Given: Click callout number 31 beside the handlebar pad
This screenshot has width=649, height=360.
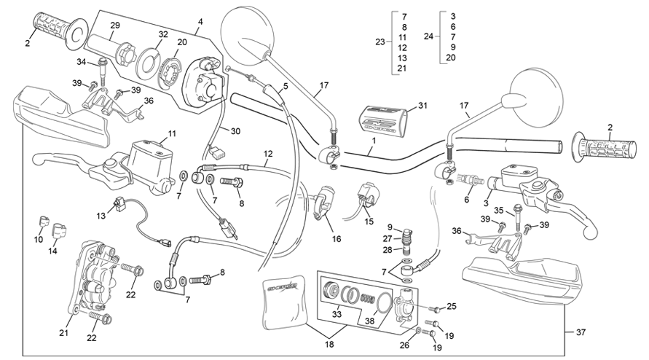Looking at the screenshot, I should coord(422,106).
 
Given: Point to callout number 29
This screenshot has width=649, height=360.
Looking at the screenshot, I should coord(114,27).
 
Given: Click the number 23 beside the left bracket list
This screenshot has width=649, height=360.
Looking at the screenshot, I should coord(379,42).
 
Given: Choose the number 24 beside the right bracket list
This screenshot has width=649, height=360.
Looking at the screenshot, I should coord(428,36).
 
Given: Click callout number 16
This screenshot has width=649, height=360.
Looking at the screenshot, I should coord(337,239).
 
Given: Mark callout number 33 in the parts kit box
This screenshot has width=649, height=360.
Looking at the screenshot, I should coord(336,314).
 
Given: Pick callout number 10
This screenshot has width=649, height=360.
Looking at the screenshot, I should coord(39,240).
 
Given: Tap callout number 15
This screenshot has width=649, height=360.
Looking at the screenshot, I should coord(369,221).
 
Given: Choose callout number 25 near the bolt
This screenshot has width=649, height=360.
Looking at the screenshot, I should coord(452,306).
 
